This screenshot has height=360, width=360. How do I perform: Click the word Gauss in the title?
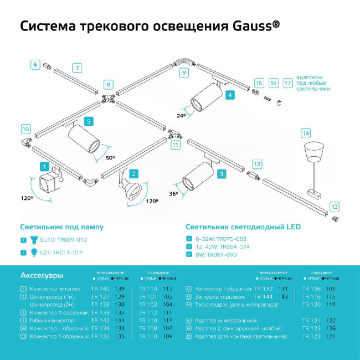coord(250,26)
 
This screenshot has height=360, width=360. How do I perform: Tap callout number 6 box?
coord(35,65)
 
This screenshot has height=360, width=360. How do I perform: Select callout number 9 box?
coord(183,73)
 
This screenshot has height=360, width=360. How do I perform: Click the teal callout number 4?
coord(230,95)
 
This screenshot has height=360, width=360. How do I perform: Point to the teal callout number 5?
coord(89,121)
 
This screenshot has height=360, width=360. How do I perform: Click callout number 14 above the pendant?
coord(306,133)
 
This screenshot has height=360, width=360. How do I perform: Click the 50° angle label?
coord(110,158)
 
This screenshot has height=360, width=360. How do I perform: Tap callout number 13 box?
coord(334,206)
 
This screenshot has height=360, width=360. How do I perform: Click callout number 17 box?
coord(287,83)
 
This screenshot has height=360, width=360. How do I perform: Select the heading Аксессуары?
coord(42,275)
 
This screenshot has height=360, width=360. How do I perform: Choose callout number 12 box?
coord(257,164)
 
